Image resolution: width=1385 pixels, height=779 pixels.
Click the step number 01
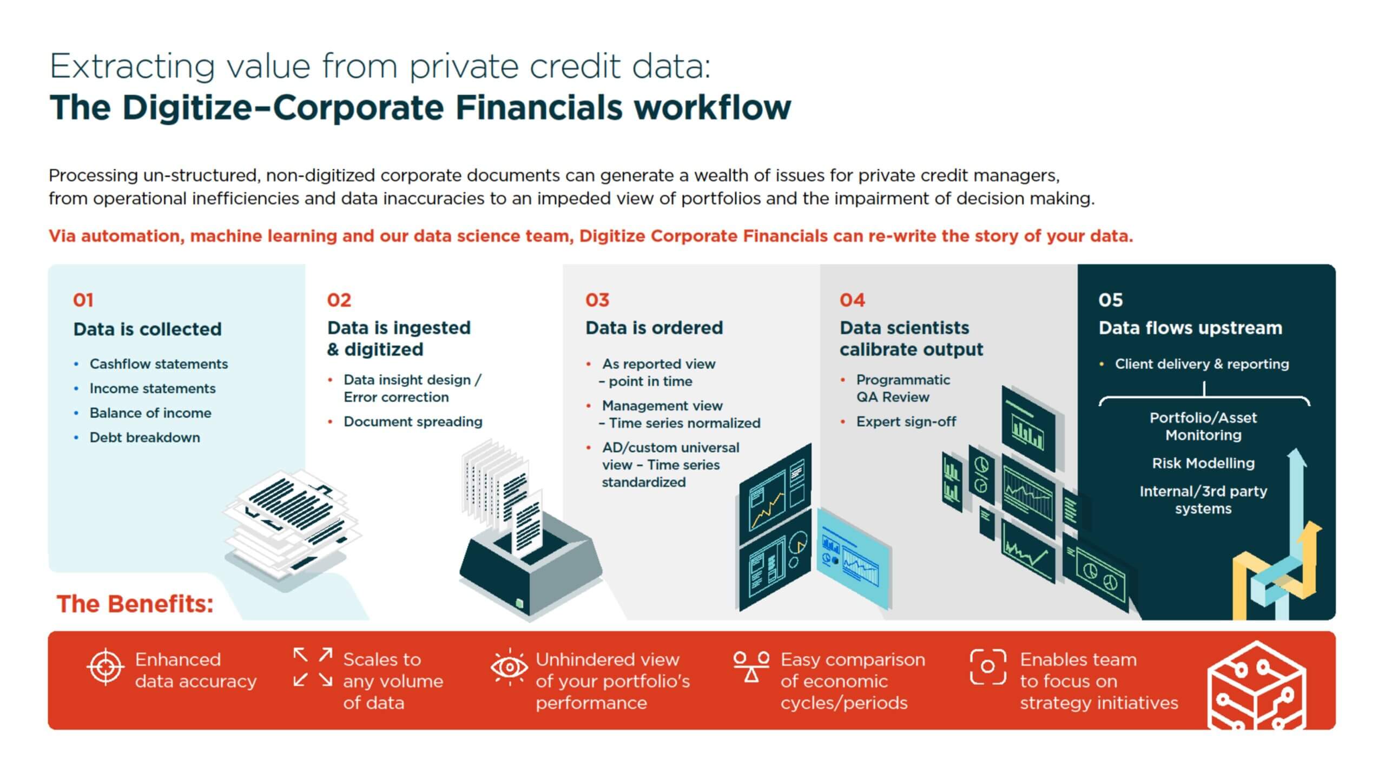pyautogui.click(x=83, y=300)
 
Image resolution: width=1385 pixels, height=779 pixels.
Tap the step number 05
pyautogui.click(x=1110, y=300)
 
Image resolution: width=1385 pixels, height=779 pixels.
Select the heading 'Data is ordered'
pyautogui.click(x=654, y=328)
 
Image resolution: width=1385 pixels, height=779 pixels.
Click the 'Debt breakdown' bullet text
pyautogui.click(x=144, y=437)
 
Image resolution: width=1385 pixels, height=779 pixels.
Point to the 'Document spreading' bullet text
pyautogui.click(x=413, y=421)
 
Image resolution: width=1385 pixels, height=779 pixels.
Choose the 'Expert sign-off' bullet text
pyautogui.click(x=906, y=421)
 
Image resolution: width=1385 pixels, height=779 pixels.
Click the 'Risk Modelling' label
pyautogui.click(x=1203, y=463)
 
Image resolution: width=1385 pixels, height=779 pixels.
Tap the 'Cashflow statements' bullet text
pyautogui.click(x=159, y=364)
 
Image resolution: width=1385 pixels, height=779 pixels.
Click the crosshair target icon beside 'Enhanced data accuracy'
pyautogui.click(x=105, y=667)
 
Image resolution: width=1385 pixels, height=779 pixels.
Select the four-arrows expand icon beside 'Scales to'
pyautogui.click(x=313, y=667)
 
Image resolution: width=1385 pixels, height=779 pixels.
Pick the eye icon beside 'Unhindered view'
pyautogui.click(x=509, y=667)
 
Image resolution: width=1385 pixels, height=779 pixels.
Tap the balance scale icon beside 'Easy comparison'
pyautogui.click(x=751, y=666)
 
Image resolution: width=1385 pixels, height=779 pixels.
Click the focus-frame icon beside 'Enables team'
pyautogui.click(x=988, y=666)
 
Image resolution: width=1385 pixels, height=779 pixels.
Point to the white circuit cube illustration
pyautogui.click(x=1256, y=686)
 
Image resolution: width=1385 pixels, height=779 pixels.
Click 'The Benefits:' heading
pyautogui.click(x=135, y=604)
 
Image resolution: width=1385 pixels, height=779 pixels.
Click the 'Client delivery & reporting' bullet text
pyautogui.click(x=1202, y=364)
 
